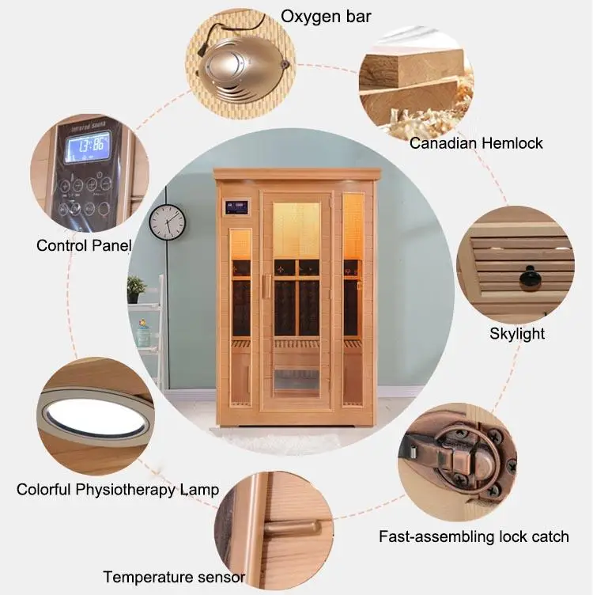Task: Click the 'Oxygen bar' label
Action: (326, 17)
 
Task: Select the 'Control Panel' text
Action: (84, 245)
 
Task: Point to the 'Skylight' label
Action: (517, 333)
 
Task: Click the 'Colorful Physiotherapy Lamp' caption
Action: (118, 489)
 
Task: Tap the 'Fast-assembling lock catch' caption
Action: (474, 536)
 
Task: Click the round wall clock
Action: (168, 222)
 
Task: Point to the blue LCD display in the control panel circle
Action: (87, 148)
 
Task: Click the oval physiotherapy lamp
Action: (95, 418)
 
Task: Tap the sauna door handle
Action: (267, 285)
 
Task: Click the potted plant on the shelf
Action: (137, 287)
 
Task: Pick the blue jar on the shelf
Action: (143, 335)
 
